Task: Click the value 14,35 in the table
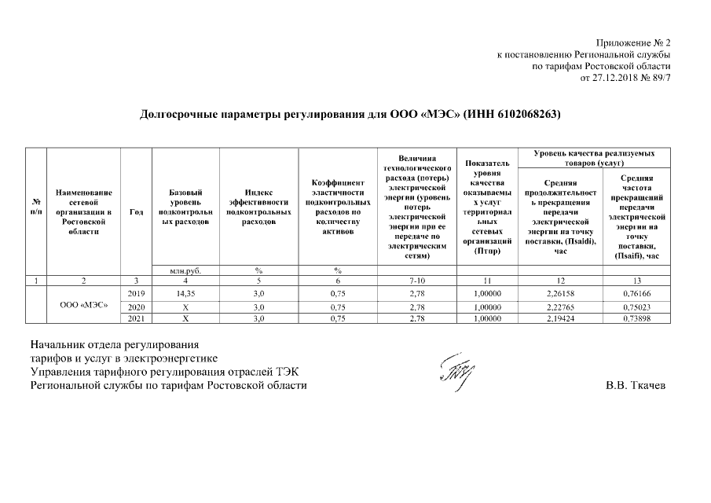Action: coord(185,292)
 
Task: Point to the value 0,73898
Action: coord(637,318)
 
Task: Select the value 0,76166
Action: coord(637,292)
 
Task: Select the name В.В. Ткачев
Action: coord(636,386)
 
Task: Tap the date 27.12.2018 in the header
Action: coord(610,78)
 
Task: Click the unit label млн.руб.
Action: coord(185,270)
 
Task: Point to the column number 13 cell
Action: coord(637,281)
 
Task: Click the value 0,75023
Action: coord(637,306)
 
